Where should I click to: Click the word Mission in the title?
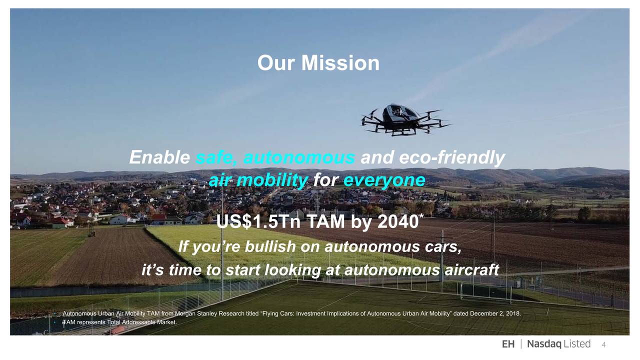point(340,63)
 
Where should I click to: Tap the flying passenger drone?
point(405,119)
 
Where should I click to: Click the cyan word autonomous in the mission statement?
point(299,157)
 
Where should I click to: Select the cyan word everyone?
point(384,180)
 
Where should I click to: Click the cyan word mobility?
point(272,180)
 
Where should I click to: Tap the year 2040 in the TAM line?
point(398,221)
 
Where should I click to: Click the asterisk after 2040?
point(421,215)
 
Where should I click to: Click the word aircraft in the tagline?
point(471,269)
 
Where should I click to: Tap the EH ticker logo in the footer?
point(508,344)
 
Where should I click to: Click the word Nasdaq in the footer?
point(544,344)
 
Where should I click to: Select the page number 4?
point(603,345)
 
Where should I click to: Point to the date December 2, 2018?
point(495,313)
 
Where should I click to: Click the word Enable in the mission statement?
point(159,157)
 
